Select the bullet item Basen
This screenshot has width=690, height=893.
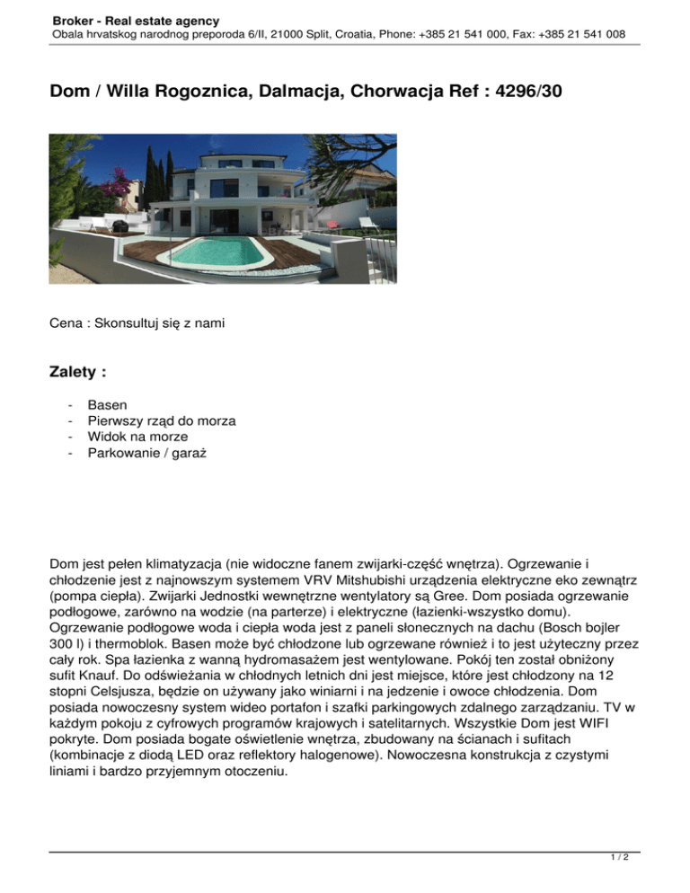pyautogui.click(x=107, y=405)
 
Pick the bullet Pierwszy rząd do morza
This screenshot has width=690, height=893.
pyautogui.click(x=162, y=420)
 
